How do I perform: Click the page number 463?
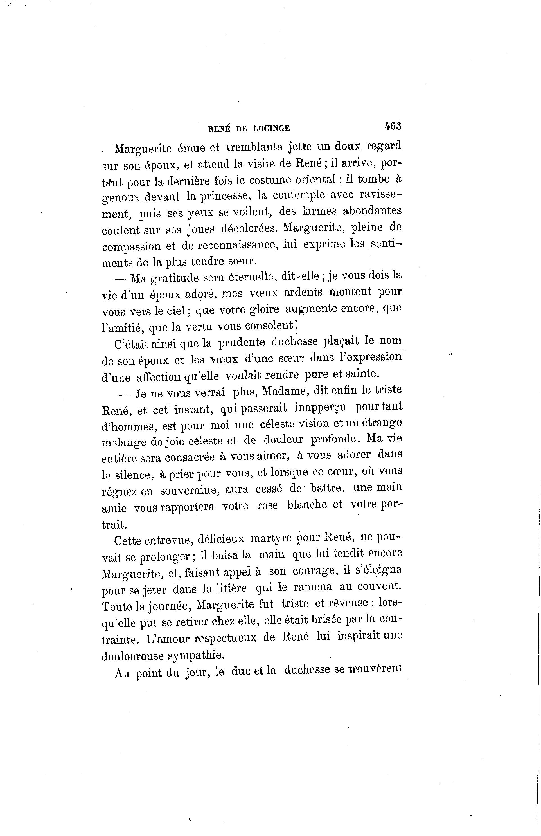point(393,126)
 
